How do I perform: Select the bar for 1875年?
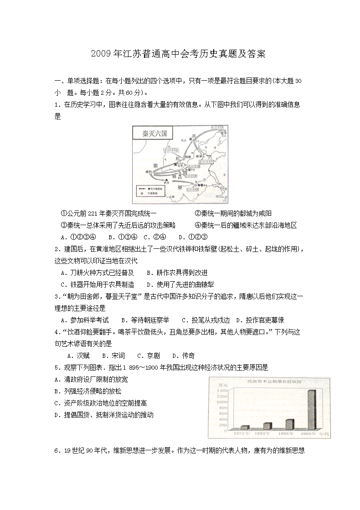pyautogui.click(x=245, y=427)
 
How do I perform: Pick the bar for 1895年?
pyautogui.click(x=289, y=424)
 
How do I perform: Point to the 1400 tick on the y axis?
pyautogui.click(x=222, y=391)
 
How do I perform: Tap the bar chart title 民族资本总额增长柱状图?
pyautogui.click(x=269, y=381)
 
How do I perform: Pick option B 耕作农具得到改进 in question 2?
pyautogui.click(x=177, y=273)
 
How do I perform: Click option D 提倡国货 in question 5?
pyautogui.click(x=103, y=415)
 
